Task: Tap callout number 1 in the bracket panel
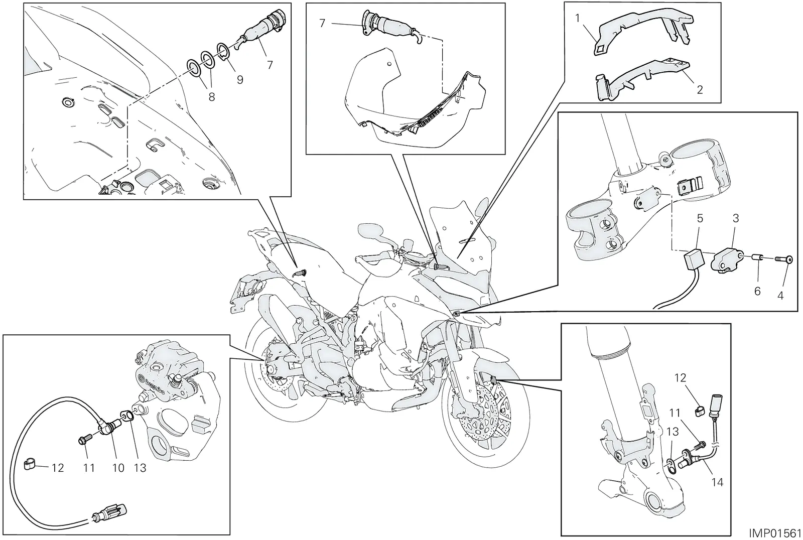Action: click(x=577, y=18)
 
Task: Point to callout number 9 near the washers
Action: click(x=240, y=79)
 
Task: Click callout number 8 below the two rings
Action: click(x=212, y=96)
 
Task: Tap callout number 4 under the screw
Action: click(x=780, y=295)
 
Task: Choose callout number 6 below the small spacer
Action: click(x=757, y=291)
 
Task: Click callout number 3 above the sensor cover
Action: click(x=736, y=218)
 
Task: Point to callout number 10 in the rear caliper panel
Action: click(x=118, y=468)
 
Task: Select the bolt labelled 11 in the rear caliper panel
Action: click(x=85, y=441)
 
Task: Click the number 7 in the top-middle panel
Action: click(x=322, y=23)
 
